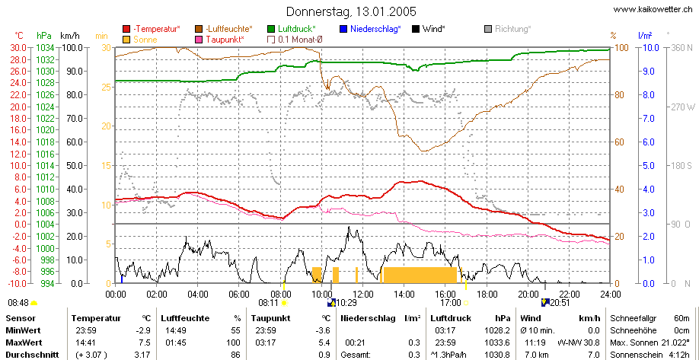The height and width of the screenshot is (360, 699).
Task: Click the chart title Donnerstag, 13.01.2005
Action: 351,11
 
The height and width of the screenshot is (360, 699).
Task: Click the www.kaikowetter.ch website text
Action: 653,9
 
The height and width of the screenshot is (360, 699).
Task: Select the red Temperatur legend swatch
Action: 126,30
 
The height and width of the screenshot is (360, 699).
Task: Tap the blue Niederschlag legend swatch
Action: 343,30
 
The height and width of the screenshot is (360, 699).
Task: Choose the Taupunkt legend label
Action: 225,40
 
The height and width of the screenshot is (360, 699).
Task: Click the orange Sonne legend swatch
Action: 126,40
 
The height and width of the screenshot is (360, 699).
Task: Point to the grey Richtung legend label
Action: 513,29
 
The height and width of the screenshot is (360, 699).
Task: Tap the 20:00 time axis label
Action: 528,294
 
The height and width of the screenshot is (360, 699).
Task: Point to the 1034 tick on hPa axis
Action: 45,47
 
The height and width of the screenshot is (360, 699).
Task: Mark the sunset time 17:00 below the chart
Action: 451,303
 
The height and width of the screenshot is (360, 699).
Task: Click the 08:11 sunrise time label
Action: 268,303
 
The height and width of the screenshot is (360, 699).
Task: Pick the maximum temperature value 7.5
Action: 145,342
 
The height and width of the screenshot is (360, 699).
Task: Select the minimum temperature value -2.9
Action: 144,330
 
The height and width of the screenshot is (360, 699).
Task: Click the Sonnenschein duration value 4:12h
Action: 684,355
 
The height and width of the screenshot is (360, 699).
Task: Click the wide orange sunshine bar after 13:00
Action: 420,275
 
